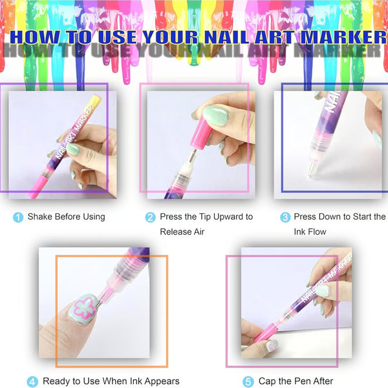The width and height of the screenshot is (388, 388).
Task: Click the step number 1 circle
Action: pyautogui.click(x=18, y=217)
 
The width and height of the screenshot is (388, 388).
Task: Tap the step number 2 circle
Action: pyautogui.click(x=150, y=217)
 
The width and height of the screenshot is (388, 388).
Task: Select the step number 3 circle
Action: pyautogui.click(x=285, y=217)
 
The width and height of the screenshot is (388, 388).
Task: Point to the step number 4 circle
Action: pyautogui.click(x=32, y=382)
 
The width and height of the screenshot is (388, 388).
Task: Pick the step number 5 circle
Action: pyautogui.click(x=248, y=382)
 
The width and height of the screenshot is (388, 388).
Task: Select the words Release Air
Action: pyautogui.click(x=182, y=232)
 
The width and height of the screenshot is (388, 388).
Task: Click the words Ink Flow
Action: pyautogui.click(x=310, y=232)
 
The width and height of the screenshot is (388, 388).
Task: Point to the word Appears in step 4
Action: pyautogui.click(x=162, y=382)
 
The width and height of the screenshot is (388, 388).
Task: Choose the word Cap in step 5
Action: pyautogui.click(x=267, y=382)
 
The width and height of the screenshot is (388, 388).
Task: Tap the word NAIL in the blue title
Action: pyautogui.click(x=227, y=38)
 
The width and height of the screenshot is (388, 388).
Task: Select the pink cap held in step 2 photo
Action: pyautogui.click(x=201, y=133)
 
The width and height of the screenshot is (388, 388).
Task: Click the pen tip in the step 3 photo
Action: pyautogui.click(x=310, y=170)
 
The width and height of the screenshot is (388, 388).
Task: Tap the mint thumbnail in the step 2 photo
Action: pyautogui.click(x=216, y=115)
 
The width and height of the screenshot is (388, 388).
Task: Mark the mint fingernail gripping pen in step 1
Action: pyautogui.click(x=73, y=149)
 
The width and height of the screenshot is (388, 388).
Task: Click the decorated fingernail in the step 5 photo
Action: pyautogui.click(x=272, y=346)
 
